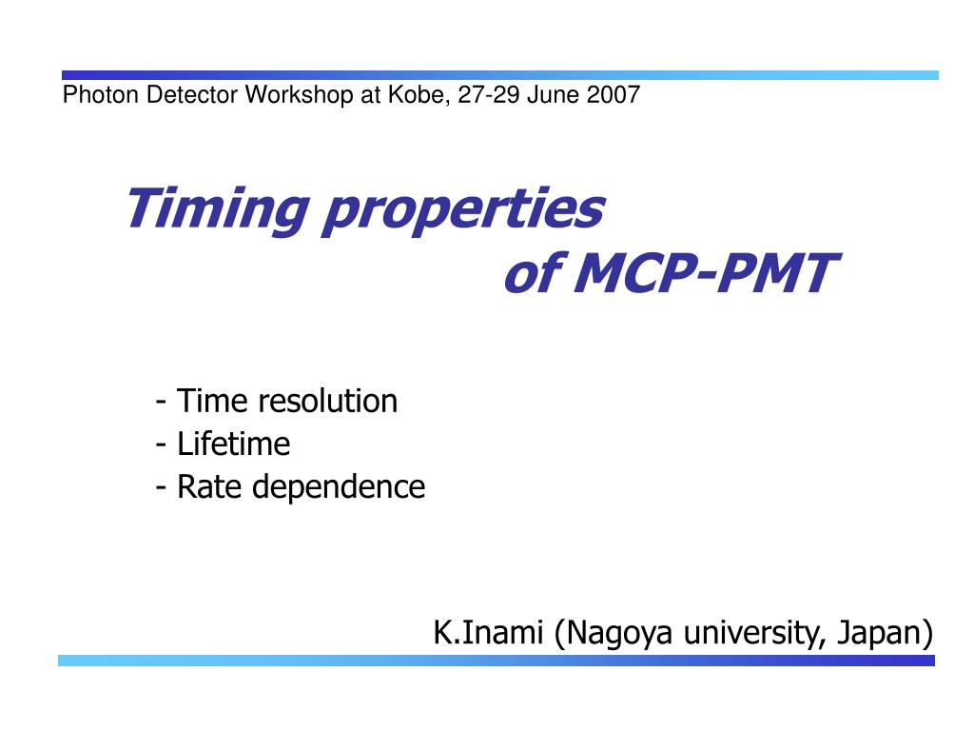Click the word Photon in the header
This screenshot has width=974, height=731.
coord(101,95)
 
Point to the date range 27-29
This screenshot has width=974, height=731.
coord(488,95)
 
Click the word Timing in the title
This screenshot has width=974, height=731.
coord(218,210)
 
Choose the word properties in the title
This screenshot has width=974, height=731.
coord(464,210)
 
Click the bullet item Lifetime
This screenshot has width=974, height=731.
coord(234,444)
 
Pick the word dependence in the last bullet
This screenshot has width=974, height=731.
coord(339,486)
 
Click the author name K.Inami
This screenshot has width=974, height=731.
coord(488,633)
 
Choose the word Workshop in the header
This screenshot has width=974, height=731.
coord(299,95)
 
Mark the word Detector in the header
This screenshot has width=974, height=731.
coord(192,95)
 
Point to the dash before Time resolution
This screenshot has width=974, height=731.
coord(161,403)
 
